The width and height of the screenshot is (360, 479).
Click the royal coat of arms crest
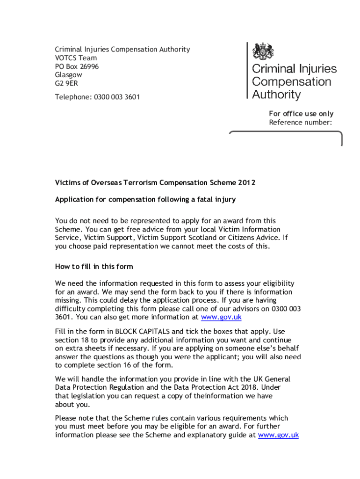coord(263,51)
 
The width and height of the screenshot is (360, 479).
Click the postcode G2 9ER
coord(66,83)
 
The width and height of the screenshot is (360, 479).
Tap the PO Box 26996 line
coord(77,66)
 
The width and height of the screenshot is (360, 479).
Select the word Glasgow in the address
coord(68,75)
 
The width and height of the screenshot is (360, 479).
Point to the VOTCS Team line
coord(76,58)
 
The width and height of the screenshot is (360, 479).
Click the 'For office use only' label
coord(301,114)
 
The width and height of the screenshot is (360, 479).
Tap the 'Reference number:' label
coord(300,123)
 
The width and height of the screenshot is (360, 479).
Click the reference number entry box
coord(286,139)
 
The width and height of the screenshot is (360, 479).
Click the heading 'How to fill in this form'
coord(94,267)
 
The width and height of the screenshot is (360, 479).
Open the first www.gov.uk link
coord(221,317)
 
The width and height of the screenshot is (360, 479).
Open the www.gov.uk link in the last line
coord(278,435)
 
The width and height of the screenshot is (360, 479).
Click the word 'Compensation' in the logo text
coord(291,82)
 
